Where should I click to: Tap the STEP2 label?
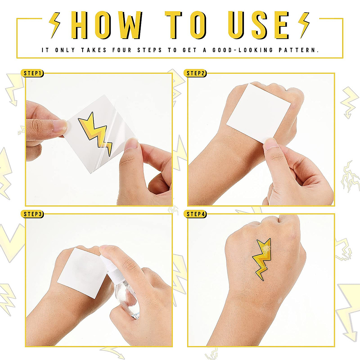pos(196,73)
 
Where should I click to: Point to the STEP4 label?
pos(196,214)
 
